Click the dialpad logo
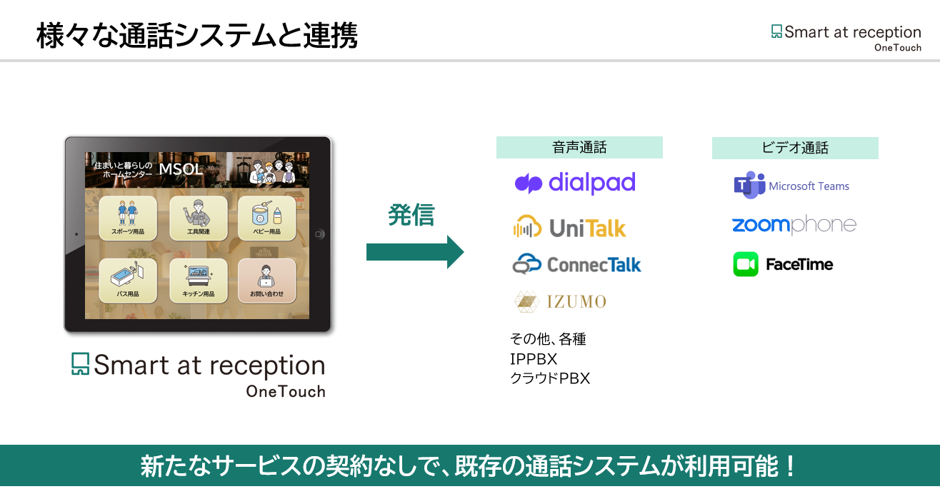[x=575, y=183]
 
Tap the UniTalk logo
[x=569, y=227]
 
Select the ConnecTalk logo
[x=577, y=265]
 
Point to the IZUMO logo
[x=561, y=301]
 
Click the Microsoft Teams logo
[x=791, y=186]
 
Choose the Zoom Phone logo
[x=794, y=226]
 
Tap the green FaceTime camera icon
[x=746, y=264]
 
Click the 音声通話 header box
[x=579, y=148]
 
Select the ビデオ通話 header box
[x=795, y=148]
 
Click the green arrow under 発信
[x=415, y=252]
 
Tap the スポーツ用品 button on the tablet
[x=128, y=218]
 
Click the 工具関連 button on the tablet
[x=198, y=218]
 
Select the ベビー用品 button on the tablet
[x=266, y=218]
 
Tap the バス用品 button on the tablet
[x=128, y=281]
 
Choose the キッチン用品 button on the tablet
[x=198, y=281]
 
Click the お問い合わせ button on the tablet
[x=266, y=281]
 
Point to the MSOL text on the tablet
[x=181, y=170]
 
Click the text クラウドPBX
[x=550, y=378]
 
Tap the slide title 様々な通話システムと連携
[x=196, y=36]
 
